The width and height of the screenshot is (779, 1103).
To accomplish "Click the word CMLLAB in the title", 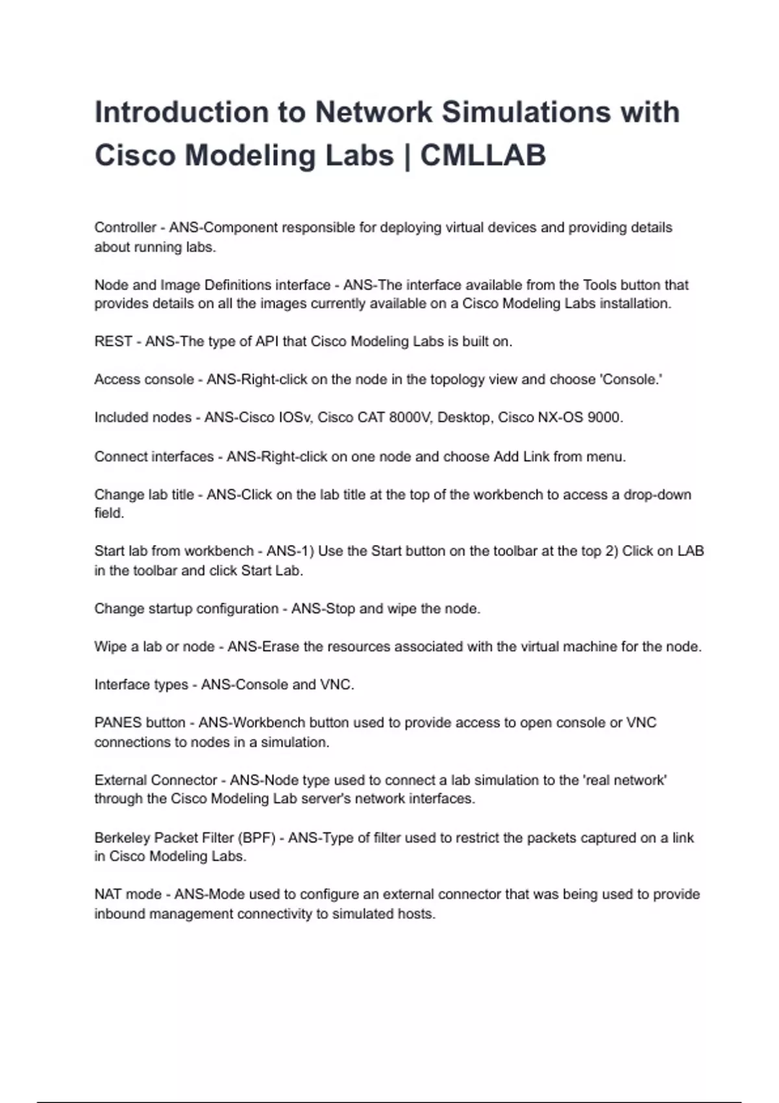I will [483, 156].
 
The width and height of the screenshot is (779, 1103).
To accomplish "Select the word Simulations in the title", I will [526, 112].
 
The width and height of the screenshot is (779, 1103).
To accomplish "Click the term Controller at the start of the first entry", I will [125, 228].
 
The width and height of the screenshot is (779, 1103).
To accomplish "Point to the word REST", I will [113, 341].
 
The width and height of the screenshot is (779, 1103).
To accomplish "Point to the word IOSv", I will [296, 417].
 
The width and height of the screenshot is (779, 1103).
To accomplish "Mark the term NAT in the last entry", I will [108, 895].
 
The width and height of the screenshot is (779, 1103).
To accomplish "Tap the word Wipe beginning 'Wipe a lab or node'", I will [110, 647].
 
